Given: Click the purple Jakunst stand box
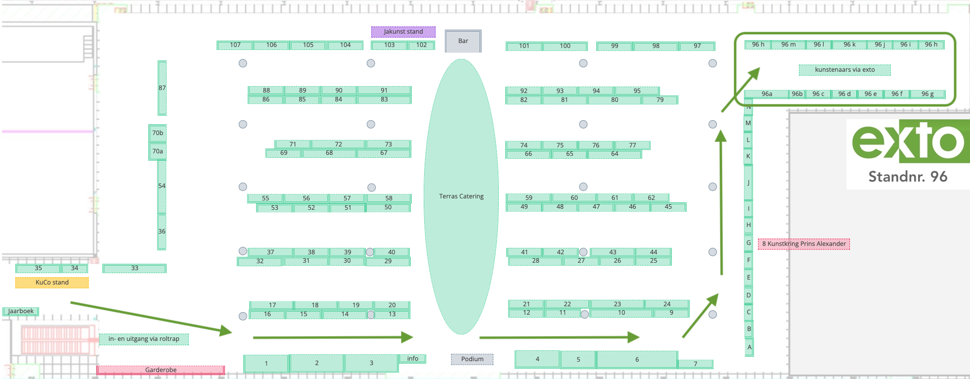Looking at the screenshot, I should click(403, 32).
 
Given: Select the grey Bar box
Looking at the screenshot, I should click(463, 41).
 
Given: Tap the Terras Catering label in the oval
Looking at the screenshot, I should click(461, 196).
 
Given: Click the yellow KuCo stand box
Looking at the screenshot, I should click(52, 283).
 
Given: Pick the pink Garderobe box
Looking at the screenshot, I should click(161, 370).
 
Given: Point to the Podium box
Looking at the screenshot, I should click(472, 359).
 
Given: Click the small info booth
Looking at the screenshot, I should click(412, 359).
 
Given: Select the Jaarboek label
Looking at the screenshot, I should click(21, 311).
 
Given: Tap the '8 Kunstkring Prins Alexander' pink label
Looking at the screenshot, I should click(803, 244).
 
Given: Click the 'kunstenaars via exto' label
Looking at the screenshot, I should click(844, 70).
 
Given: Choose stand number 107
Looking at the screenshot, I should click(235, 45).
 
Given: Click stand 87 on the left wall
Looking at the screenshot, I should click(162, 88).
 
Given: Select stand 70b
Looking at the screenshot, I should click(158, 133).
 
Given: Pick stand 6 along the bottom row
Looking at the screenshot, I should click(637, 360).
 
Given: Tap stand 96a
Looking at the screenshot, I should click(766, 94).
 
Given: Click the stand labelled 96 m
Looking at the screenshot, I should click(788, 45).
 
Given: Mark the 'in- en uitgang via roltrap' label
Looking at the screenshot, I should click(144, 339).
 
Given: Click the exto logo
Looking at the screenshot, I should click(909, 142).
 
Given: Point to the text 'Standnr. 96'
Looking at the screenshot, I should click(908, 177).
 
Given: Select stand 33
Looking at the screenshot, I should click(134, 268).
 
